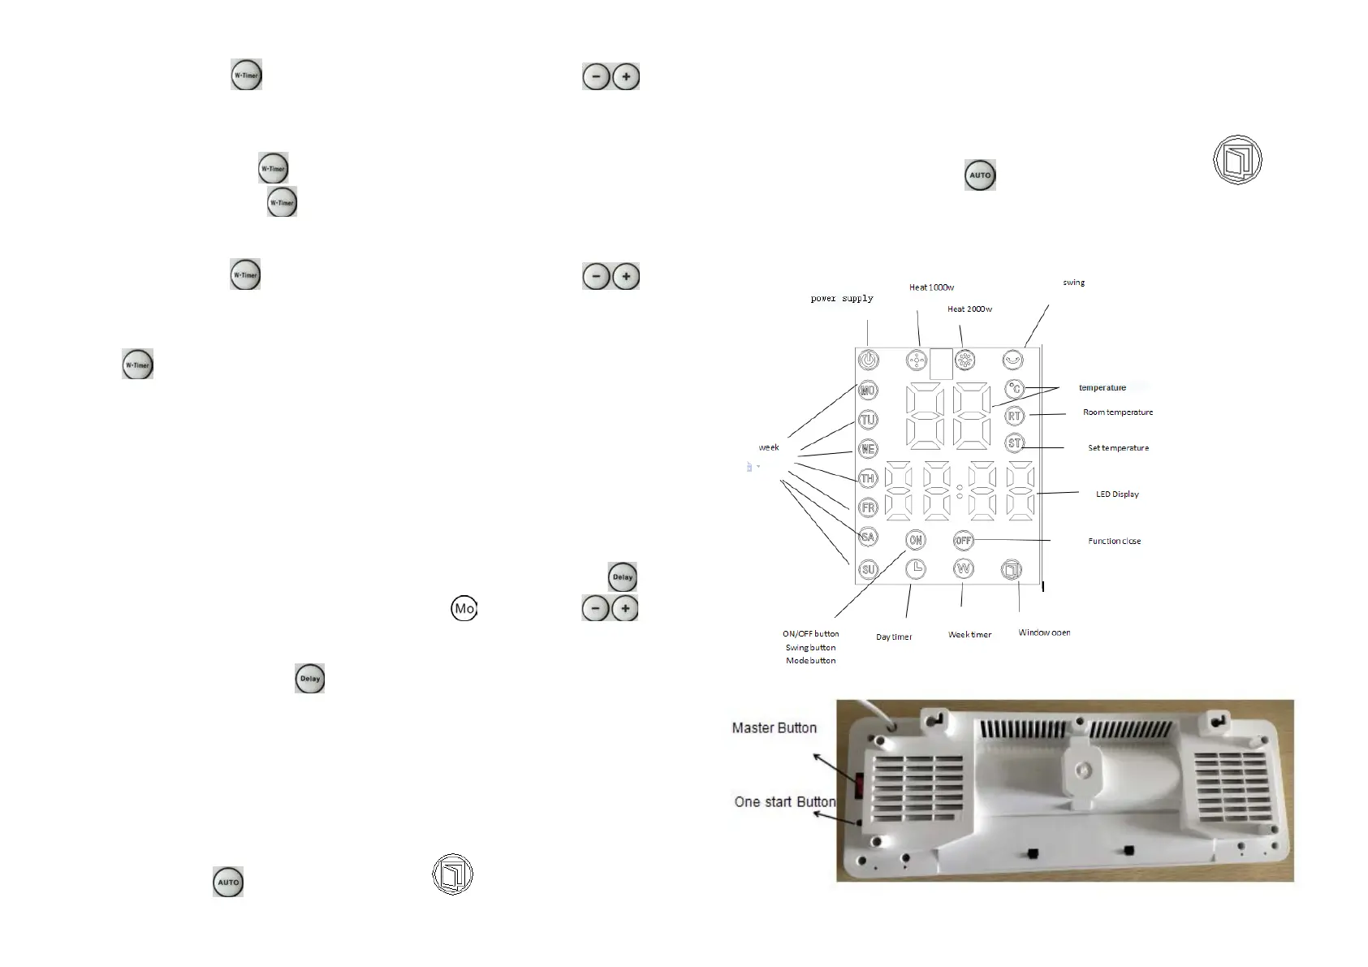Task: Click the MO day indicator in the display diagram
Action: [868, 391]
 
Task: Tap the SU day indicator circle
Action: [868, 569]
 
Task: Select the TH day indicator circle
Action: [868, 479]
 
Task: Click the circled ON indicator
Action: [915, 540]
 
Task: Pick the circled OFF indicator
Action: [963, 540]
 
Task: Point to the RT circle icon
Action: [1014, 417]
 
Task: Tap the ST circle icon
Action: [1014, 443]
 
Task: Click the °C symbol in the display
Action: [1015, 389]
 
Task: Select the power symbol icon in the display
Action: [869, 360]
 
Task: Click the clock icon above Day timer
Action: [915, 569]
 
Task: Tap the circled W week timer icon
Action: [964, 569]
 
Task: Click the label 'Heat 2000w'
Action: [969, 309]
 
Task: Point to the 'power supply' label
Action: [842, 299]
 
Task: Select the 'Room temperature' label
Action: [1117, 412]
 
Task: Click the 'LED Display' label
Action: [1117, 494]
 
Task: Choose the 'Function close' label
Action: [1114, 542]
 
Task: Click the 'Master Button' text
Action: [774, 728]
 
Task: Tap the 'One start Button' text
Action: [784, 802]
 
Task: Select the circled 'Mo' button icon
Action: [464, 609]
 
